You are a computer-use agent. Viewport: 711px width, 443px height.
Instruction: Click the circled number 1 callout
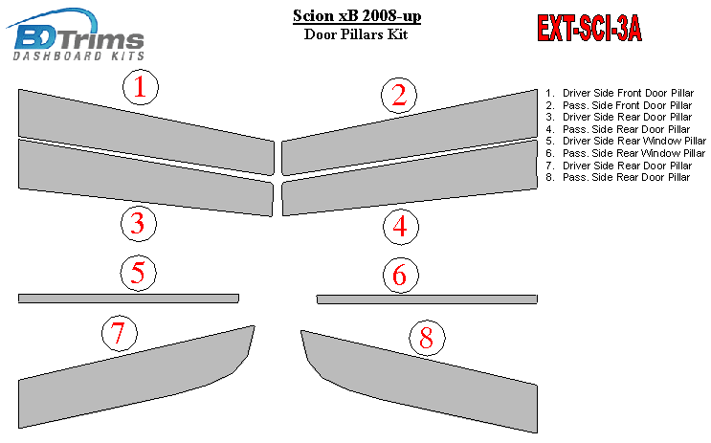[x=141, y=87]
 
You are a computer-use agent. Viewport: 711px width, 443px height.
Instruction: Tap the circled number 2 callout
[x=399, y=96]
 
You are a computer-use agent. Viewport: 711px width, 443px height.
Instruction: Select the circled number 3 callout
[x=139, y=224]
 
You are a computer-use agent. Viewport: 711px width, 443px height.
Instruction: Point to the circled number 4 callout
[x=400, y=227]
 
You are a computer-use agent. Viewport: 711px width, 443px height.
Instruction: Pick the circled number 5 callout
[x=139, y=274]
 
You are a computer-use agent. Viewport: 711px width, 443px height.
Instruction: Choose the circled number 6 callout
[x=400, y=276]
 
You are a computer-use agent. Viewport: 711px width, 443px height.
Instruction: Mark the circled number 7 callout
[x=120, y=333]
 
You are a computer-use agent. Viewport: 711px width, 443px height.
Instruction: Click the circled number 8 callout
[x=427, y=338]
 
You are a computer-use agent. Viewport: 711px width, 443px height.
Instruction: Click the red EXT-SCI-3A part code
[x=589, y=28]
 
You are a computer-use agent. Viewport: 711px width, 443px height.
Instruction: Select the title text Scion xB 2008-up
[x=357, y=16]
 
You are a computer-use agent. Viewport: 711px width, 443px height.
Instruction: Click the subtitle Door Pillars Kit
[x=356, y=34]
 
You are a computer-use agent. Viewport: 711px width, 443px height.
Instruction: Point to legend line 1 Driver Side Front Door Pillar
[x=619, y=93]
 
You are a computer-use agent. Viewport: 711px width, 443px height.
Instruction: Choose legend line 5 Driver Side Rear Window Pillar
[x=626, y=141]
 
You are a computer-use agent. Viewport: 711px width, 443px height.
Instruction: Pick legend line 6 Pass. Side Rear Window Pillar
[x=625, y=153]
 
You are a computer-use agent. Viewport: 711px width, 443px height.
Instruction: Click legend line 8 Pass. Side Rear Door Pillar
[x=617, y=177]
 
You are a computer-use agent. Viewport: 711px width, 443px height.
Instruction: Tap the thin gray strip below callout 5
[x=128, y=298]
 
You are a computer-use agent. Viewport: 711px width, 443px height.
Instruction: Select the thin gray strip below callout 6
[x=427, y=299]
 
